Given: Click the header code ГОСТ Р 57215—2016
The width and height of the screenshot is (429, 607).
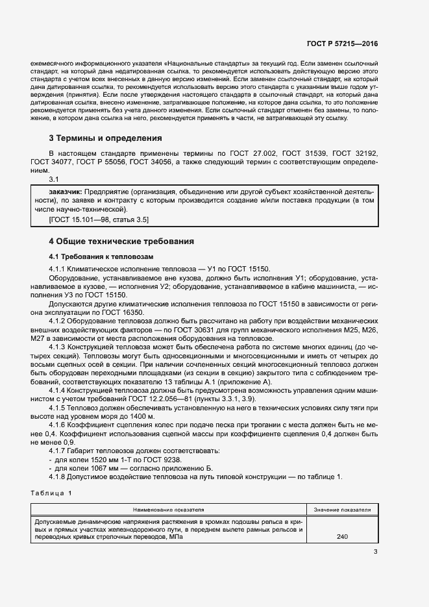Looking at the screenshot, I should click(343, 44).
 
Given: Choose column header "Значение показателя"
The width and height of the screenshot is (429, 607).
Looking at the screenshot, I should click(342, 510).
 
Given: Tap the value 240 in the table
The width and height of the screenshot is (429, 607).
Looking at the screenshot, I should click(342, 538).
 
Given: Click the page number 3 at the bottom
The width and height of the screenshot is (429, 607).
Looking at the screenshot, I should click(375, 552).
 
